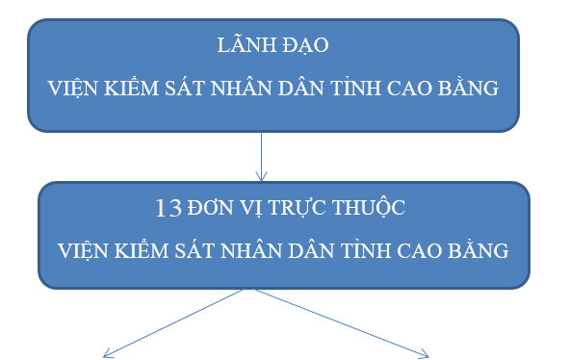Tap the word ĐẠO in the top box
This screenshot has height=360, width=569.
[x=305, y=45]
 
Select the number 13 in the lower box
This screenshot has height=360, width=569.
[x=168, y=207]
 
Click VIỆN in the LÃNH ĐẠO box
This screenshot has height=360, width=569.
[x=73, y=89]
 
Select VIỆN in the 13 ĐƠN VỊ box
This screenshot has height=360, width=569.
[x=82, y=250]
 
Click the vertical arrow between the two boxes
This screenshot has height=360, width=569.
[x=261, y=154]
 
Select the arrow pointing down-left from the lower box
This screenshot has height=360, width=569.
[x=173, y=323]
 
